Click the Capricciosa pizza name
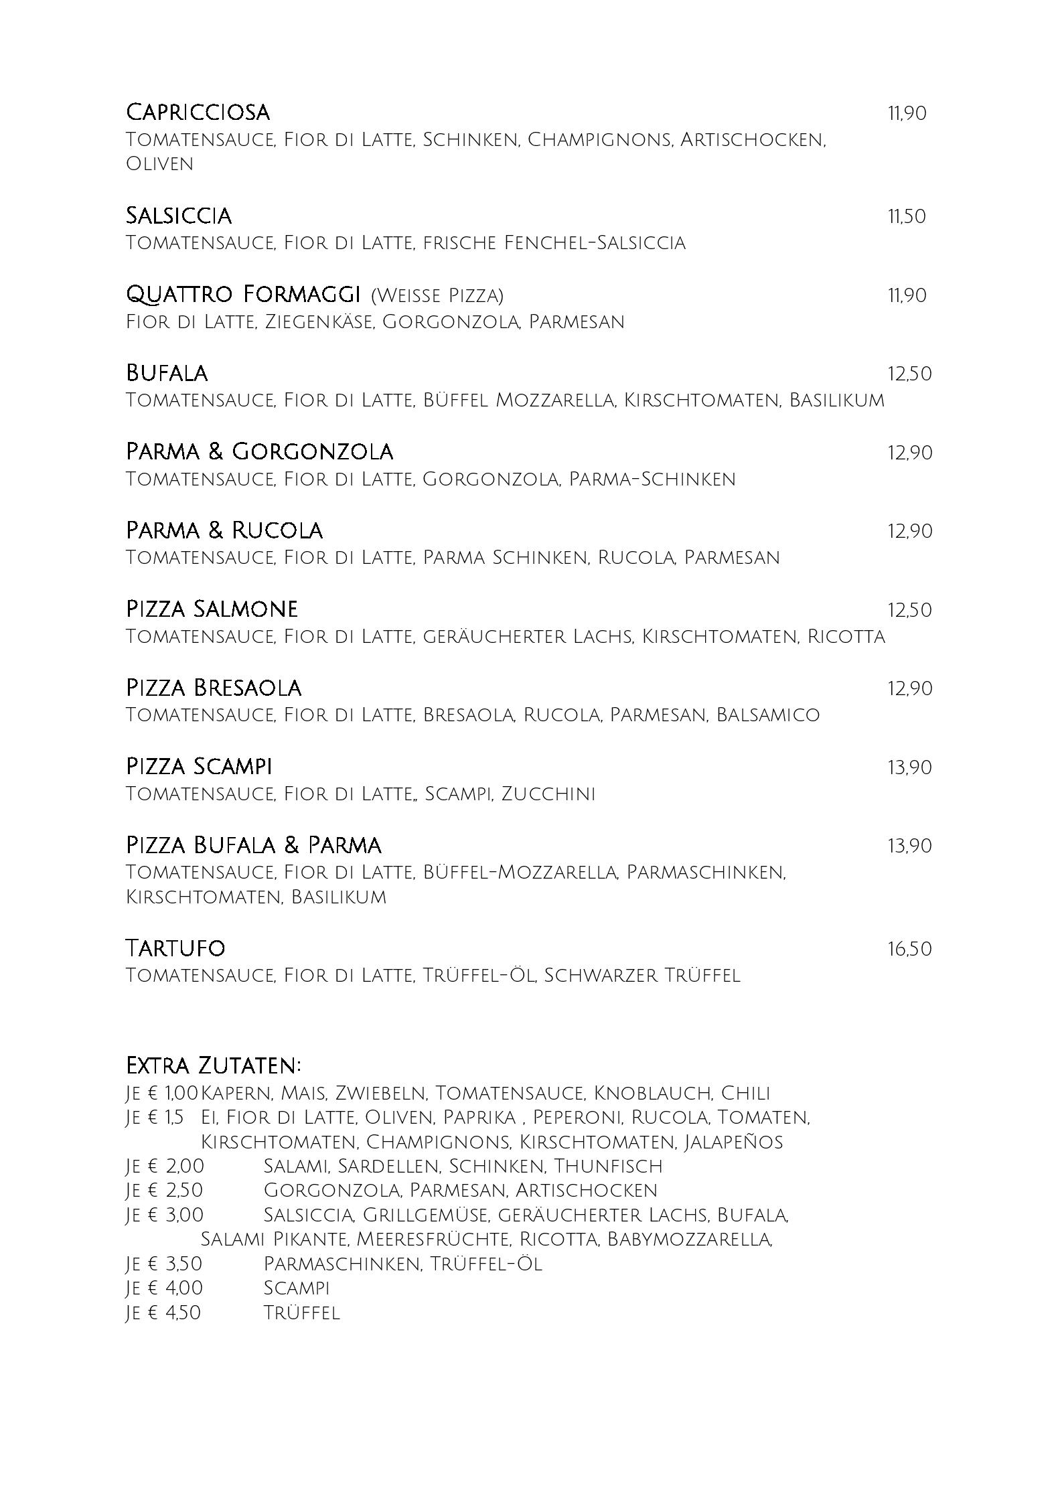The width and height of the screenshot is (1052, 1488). pos(198,112)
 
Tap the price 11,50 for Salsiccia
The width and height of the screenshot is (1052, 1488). pos(907,216)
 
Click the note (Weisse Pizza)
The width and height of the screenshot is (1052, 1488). pos(437,295)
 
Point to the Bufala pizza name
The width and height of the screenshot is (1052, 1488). pos(167,373)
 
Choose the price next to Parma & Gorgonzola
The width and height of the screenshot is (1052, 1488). pos(909,453)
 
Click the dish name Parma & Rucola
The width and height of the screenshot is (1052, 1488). pos(224,530)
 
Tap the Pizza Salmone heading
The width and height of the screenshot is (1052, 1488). pos(212,609)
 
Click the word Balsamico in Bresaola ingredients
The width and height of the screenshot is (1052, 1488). pos(767,715)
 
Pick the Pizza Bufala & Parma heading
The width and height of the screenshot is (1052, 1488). pos(254,845)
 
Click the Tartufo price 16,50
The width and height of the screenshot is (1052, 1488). pos(909,949)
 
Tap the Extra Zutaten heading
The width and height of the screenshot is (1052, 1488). pos(214,1065)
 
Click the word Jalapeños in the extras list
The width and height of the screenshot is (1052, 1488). pos(733,1141)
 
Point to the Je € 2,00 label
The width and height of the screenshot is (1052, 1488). pos(165,1166)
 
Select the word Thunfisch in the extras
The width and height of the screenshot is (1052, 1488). pos(608,1166)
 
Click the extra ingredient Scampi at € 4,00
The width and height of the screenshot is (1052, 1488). pos(297,1288)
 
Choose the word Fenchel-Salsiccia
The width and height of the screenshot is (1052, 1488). pos(595,242)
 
